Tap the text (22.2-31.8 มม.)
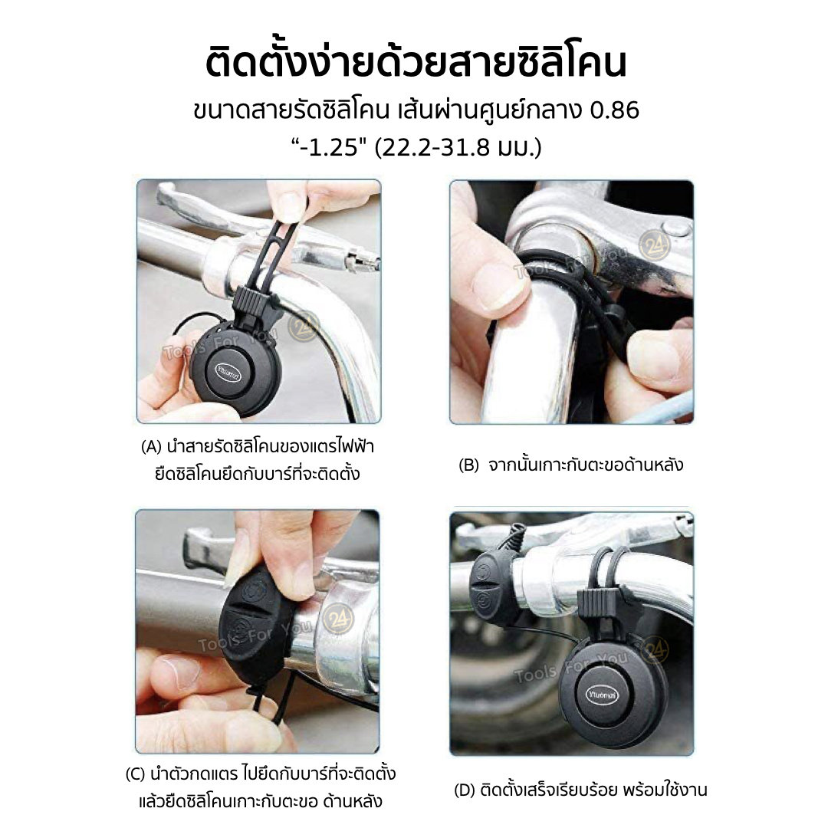pos(458,146)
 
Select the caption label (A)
pos(151,447)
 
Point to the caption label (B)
pos(468,465)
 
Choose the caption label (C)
pos(135,774)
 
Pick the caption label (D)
pos(465,790)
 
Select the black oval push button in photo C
pos(255,621)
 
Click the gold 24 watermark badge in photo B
pos(655,246)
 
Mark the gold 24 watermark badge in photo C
pos(338,619)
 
